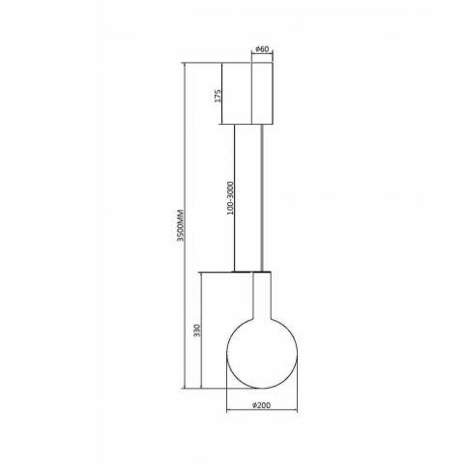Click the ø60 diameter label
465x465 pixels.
pos(262,49)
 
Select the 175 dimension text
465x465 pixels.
pos(218,96)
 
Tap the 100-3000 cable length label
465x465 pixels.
pos(230,198)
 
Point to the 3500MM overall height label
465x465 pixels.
pos(181,225)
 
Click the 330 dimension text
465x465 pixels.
pos(197,331)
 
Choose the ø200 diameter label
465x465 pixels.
pos(261,405)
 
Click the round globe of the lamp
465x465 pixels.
pos(262,353)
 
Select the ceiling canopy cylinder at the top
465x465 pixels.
pos(262,93)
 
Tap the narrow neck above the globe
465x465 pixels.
pos(262,295)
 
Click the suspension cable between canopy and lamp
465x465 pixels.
pos(263,198)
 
